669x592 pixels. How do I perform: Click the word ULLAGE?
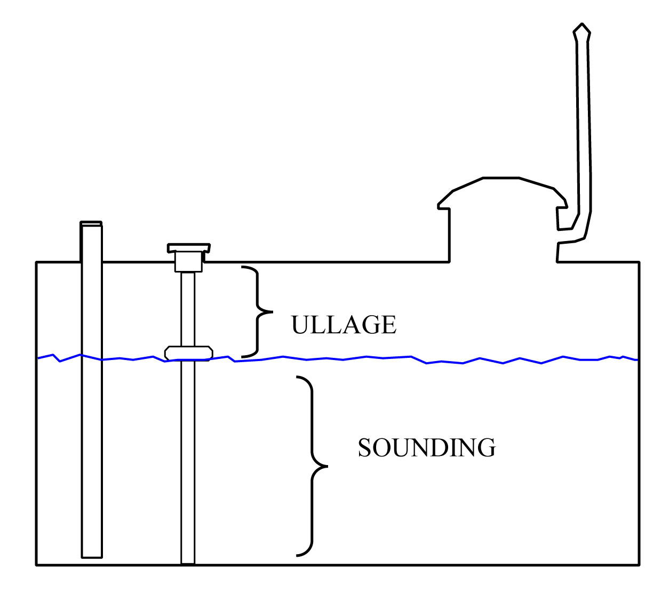tap(344, 325)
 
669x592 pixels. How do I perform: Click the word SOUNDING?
tap(427, 447)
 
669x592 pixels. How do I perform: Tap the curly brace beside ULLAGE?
tap(257, 311)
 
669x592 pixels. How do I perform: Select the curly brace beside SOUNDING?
tap(312, 466)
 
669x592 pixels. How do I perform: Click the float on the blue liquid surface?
tap(189, 353)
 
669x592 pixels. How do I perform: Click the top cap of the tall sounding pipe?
tap(91, 223)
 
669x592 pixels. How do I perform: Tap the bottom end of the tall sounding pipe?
tap(92, 557)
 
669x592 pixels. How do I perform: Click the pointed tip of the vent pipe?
tap(582, 24)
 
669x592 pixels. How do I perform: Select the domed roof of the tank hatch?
tap(502, 193)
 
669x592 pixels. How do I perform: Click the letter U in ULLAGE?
tap(300, 325)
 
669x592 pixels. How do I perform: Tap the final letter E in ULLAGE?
tap(389, 325)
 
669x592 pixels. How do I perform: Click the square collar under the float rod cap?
tap(188, 262)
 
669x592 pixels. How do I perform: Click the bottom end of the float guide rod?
tap(188, 563)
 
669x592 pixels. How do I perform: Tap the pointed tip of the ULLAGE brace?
tap(273, 311)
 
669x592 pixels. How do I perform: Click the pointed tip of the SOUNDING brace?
tap(327, 467)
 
